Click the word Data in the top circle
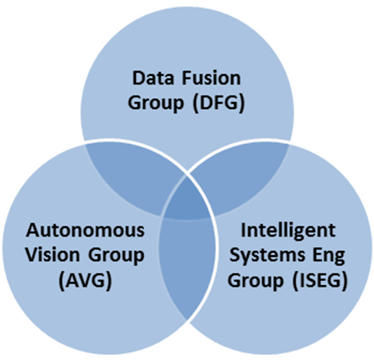coord(153,78)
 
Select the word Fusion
coord(211,78)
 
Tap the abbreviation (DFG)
coord(218,104)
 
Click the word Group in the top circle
coord(156,104)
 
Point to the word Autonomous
coord(85,230)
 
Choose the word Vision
coord(52,255)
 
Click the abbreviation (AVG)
coord(85,280)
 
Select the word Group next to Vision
coord(117,256)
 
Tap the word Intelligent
coord(288,231)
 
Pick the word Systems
coord(268,255)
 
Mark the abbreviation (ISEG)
coord(320,280)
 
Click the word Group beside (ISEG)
coord(255,281)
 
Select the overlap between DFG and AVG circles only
coord(134,176)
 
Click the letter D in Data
coord(138,78)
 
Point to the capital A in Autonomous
coord(34,230)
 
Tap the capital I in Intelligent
coord(243,230)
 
